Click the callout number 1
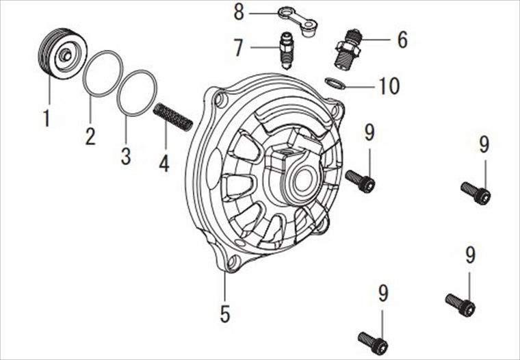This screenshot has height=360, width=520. [x=46, y=118]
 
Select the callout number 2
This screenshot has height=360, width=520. [x=90, y=136]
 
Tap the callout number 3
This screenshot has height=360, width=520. [x=126, y=156]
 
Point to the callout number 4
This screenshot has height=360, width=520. [x=164, y=164]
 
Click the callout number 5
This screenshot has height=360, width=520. [x=225, y=313]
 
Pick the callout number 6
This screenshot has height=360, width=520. [x=402, y=40]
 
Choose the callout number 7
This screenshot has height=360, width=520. [x=238, y=48]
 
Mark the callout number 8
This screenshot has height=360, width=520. [x=239, y=12]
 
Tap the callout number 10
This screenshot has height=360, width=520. [x=389, y=86]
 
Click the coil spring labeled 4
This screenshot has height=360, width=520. [x=173, y=117]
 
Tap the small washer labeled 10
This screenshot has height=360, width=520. [x=336, y=83]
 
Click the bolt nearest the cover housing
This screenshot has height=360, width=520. [x=361, y=181]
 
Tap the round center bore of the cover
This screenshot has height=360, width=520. [x=303, y=182]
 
